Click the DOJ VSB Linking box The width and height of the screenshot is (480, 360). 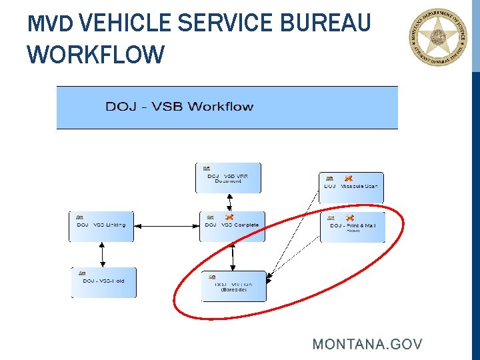[x=101, y=227]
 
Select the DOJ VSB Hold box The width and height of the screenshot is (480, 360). [x=103, y=282]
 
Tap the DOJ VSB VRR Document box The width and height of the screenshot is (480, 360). [x=228, y=178]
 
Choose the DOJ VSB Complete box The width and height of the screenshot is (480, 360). [x=232, y=227]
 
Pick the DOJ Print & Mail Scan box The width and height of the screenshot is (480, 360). [x=353, y=227]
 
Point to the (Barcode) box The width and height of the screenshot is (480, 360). [x=233, y=287]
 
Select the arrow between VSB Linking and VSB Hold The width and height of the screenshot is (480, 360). [x=102, y=255]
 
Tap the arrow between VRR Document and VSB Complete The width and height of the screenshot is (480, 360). [x=230, y=203]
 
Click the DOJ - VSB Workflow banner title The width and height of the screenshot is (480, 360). [x=179, y=107]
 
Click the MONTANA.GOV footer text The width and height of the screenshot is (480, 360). [x=367, y=344]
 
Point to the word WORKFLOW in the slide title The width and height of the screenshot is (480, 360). [x=95, y=55]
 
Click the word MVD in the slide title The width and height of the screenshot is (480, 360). [x=50, y=25]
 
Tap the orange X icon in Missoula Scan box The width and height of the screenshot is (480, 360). [x=348, y=179]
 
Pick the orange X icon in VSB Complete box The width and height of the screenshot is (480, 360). [x=229, y=217]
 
